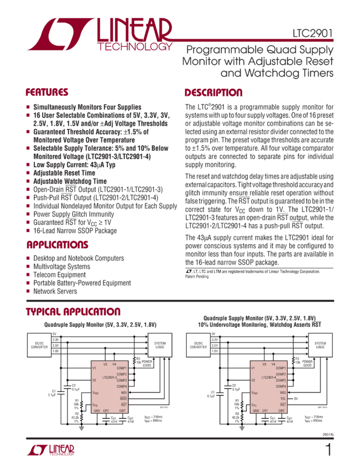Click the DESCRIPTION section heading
click(x=213, y=93)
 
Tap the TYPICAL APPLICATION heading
click(x=73, y=312)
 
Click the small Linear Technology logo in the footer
click(x=50, y=451)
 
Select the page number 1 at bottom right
click(x=328, y=451)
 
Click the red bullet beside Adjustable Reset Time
click(x=28, y=172)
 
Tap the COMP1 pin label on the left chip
click(x=122, y=367)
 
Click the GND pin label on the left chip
click(x=96, y=410)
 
